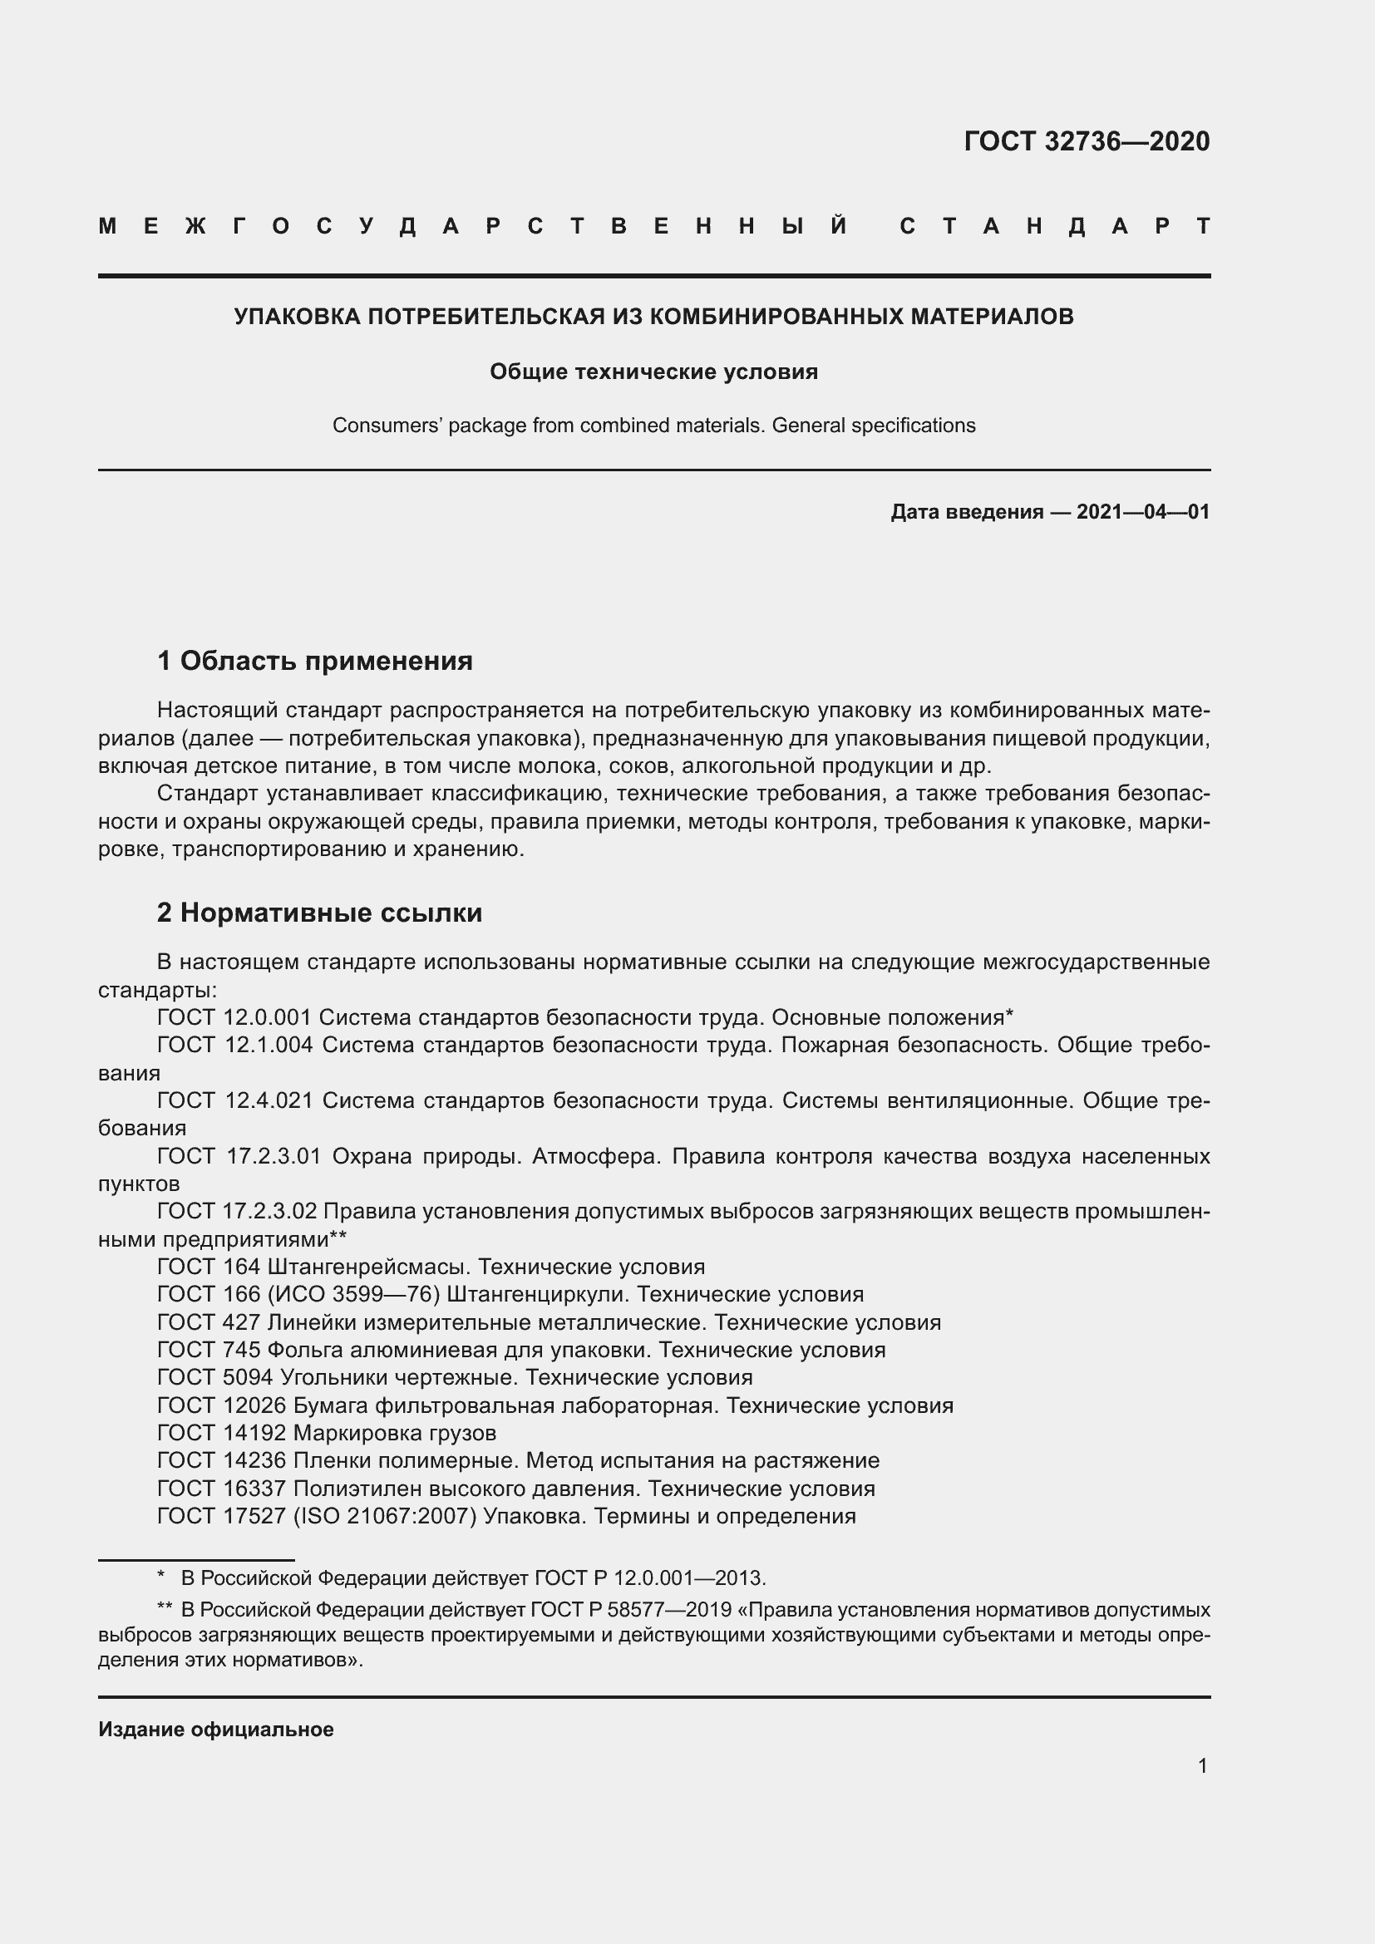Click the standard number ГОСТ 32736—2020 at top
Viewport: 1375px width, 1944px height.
(1087, 141)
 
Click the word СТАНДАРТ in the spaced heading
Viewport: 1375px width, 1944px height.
(1055, 227)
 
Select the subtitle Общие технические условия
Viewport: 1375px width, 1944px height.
(653, 372)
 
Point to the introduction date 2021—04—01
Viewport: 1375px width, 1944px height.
(1142, 511)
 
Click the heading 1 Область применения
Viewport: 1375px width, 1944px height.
(315, 661)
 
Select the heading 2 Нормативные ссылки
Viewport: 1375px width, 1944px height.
(320, 913)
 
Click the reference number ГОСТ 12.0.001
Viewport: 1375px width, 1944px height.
(234, 1016)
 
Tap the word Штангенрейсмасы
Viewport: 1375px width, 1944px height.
(367, 1267)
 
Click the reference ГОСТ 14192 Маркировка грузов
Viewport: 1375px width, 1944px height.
(327, 1433)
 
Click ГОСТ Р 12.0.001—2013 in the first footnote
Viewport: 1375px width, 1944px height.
(648, 1578)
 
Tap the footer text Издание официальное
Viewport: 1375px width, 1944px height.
(216, 1729)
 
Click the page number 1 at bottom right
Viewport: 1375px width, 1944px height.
(1202, 1765)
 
